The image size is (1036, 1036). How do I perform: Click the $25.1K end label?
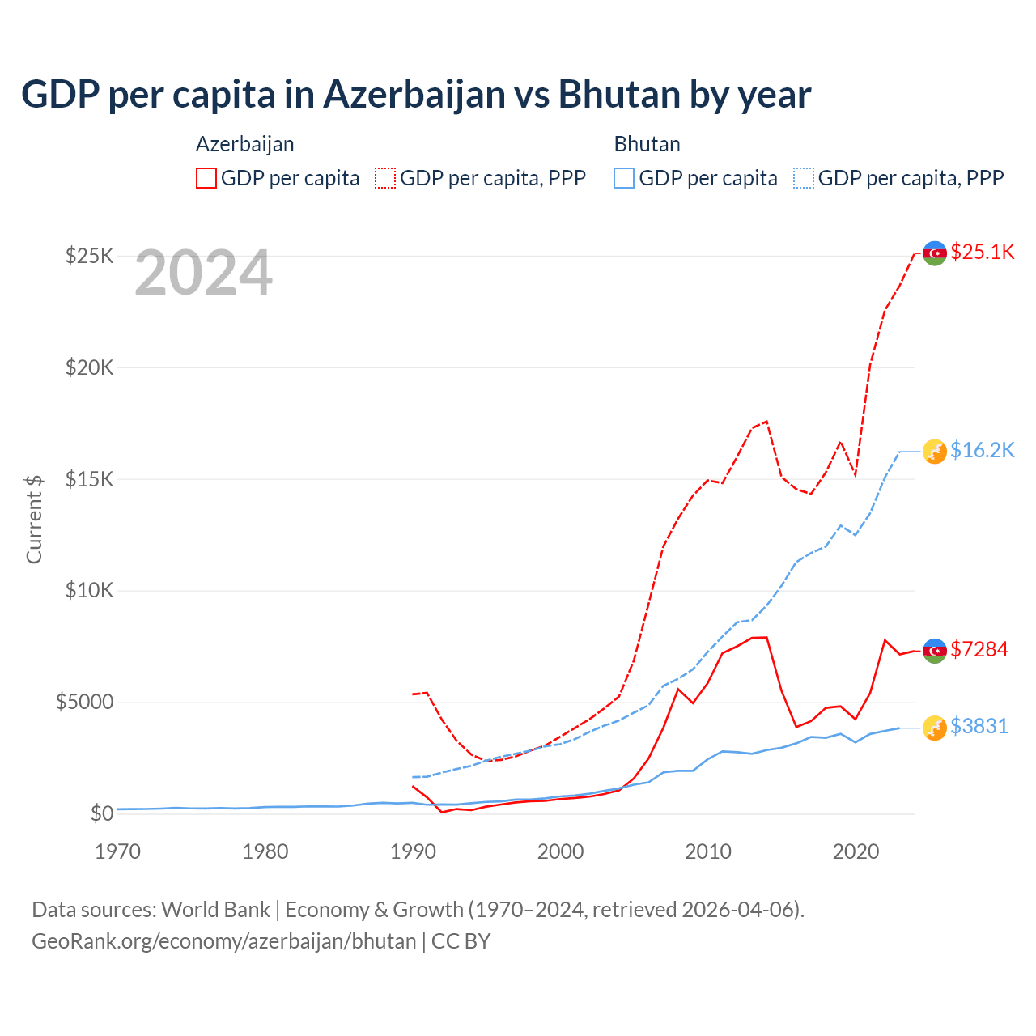982,252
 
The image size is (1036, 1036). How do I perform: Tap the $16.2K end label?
982,450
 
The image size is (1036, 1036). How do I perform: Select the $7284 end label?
979,649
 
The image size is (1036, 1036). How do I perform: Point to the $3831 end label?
979,726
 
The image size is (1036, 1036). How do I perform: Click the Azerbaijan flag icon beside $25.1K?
935,253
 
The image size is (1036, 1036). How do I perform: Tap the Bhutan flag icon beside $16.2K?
935,451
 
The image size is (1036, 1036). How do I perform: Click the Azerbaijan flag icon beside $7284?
935,651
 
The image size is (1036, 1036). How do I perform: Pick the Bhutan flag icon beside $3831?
935,728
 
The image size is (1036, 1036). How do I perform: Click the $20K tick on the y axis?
90,367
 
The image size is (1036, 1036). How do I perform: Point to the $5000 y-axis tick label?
84,702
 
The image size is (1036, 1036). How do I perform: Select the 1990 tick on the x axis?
413,851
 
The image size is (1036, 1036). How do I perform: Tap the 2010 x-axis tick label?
708,851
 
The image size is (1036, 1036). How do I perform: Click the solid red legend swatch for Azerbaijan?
206,178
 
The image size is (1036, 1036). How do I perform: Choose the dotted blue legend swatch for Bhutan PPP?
804,178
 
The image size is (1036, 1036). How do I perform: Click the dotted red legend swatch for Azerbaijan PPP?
385,178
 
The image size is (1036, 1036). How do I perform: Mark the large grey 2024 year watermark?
203,273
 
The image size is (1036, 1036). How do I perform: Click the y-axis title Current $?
34,518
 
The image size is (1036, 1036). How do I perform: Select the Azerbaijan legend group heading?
244,144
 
